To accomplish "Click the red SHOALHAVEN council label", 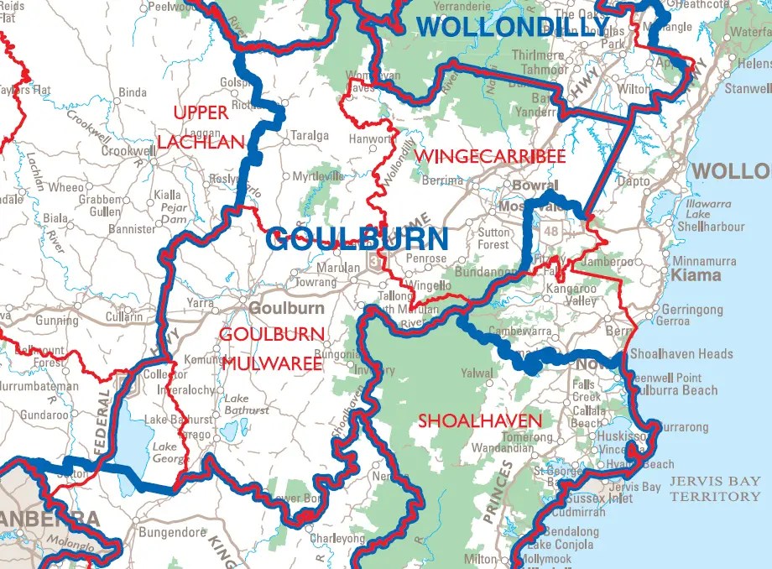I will click(480, 420).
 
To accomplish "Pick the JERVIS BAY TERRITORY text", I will click(715, 489).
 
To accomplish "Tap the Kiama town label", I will click(696, 275).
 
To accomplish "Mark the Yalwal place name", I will click(477, 373).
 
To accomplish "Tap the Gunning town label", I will click(56, 321).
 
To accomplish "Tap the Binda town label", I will click(133, 92).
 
